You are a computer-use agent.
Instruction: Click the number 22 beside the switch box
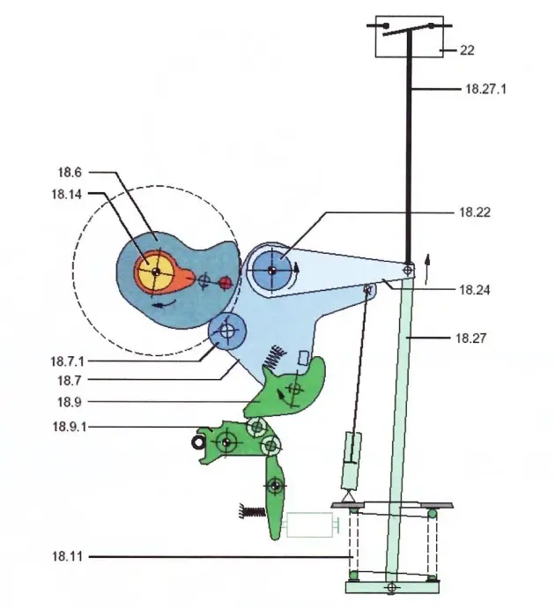(467, 50)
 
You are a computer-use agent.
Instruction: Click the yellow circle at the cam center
(156, 272)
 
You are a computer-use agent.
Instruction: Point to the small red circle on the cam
(226, 282)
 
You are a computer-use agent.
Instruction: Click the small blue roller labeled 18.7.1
(228, 332)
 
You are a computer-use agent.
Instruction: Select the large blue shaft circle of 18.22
(273, 269)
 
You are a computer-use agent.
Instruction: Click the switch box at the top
(409, 36)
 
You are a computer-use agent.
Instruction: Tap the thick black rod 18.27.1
(408, 159)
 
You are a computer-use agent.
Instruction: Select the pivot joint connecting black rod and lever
(408, 268)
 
